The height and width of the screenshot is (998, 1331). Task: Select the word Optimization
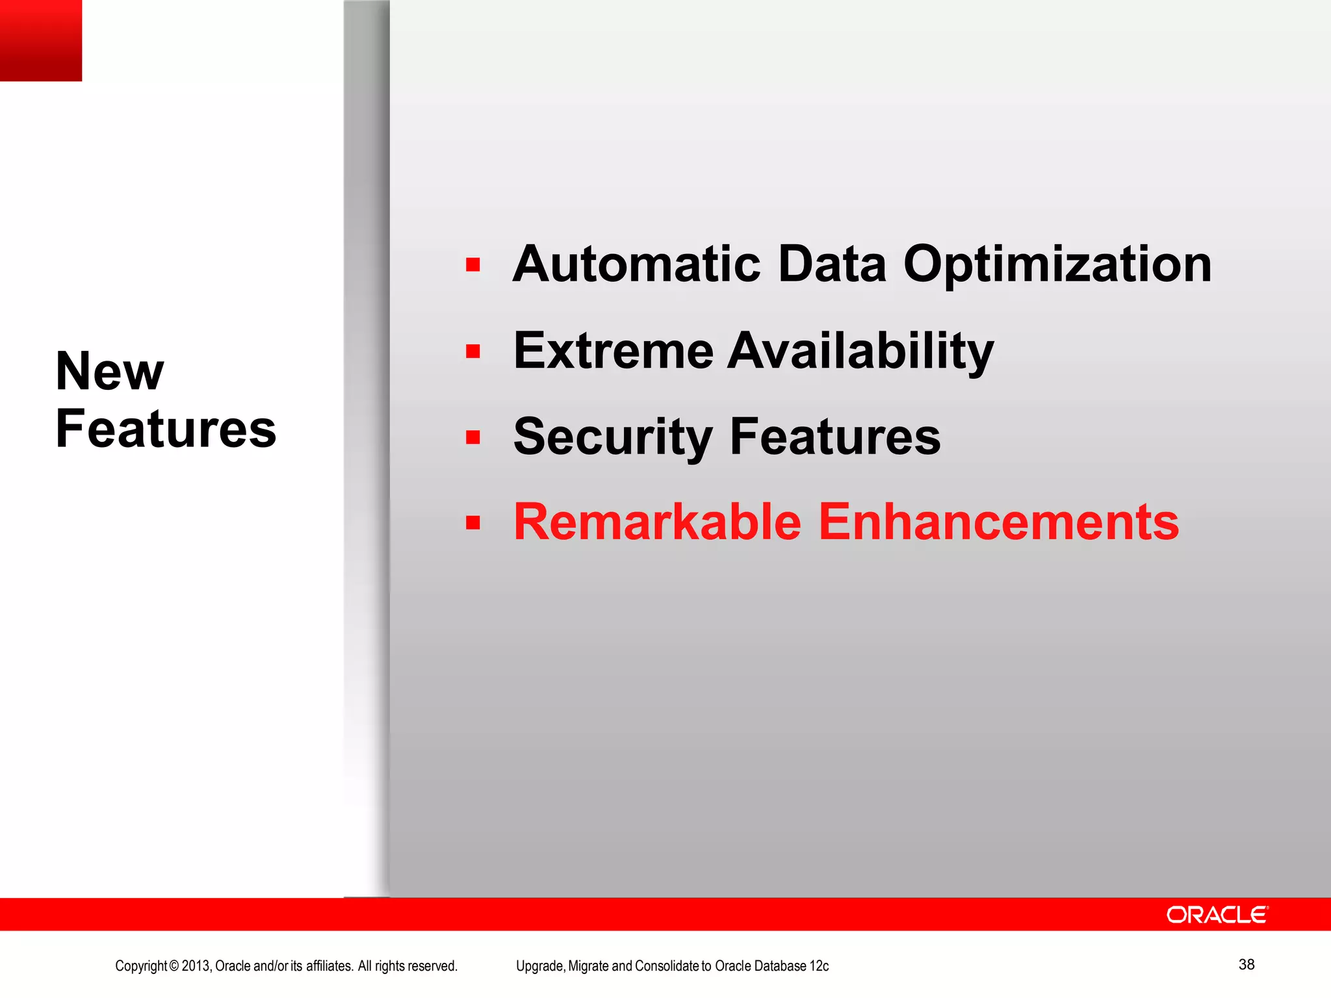tap(1057, 266)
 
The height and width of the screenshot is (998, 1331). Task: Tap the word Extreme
tap(613, 351)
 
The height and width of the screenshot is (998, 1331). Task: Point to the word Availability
tap(860, 352)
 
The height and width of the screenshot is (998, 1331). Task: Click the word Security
tap(613, 438)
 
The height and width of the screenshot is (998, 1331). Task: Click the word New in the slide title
tap(110, 371)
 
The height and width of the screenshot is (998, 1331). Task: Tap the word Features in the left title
tap(166, 429)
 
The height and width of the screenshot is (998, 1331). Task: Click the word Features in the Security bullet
tap(835, 437)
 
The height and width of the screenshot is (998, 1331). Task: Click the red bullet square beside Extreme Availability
tap(472, 352)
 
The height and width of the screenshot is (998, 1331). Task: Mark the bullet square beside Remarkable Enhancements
tap(472, 522)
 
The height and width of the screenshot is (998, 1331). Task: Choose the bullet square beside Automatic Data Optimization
tap(472, 264)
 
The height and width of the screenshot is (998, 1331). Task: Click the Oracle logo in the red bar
tap(1217, 915)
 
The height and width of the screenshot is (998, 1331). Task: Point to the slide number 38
tap(1246, 964)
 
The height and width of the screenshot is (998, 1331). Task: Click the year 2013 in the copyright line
tap(196, 966)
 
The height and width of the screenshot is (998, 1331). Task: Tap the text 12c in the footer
tap(820, 966)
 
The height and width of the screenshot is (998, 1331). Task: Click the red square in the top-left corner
tap(41, 40)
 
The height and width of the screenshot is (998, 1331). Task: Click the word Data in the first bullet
tap(832, 264)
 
